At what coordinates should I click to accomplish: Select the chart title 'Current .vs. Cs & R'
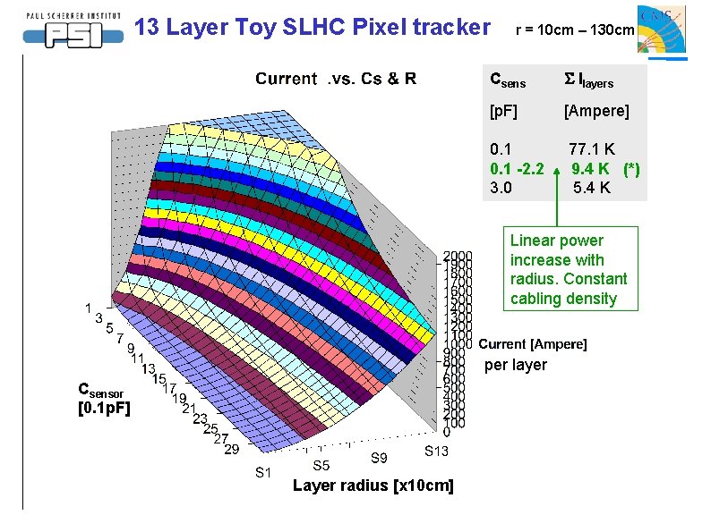point(336,79)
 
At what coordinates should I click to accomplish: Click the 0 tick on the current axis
point(446,433)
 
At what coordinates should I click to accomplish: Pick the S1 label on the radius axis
point(263,472)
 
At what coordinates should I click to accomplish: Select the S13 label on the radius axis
point(437,451)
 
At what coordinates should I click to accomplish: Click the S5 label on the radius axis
point(321,465)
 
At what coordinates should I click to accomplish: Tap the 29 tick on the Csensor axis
point(231,449)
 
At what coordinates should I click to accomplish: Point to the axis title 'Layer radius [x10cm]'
point(373,486)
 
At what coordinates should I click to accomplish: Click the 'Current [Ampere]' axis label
point(533,344)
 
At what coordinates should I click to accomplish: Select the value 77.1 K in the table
point(592,149)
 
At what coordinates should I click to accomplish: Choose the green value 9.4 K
point(591,169)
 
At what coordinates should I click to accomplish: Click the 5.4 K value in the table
point(592,188)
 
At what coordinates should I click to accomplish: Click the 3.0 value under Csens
point(501,188)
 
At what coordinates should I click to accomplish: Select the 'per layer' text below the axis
point(515,365)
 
